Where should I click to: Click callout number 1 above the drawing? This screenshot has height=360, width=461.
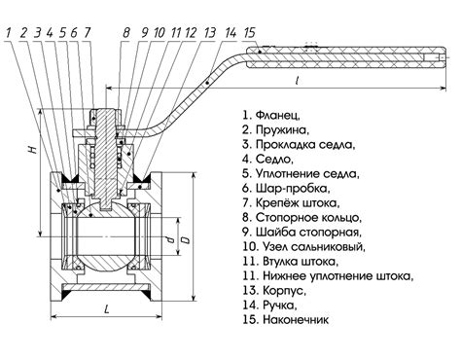(x=8, y=32)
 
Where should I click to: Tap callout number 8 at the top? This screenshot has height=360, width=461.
(x=126, y=32)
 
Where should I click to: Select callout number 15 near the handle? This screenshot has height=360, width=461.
(x=250, y=32)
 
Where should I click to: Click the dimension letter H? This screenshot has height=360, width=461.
(x=32, y=149)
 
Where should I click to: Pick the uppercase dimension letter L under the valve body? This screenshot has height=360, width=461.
(x=106, y=309)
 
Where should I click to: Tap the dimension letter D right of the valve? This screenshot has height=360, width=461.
(x=186, y=240)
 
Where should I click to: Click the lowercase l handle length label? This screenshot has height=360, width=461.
(x=297, y=80)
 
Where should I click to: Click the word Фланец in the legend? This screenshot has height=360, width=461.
(x=277, y=115)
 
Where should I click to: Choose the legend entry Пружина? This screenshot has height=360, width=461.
(x=282, y=129)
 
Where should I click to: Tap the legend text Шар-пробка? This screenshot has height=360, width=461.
(x=293, y=188)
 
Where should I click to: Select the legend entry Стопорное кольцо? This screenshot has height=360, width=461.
(x=308, y=217)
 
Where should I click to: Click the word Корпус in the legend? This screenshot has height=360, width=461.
(x=284, y=290)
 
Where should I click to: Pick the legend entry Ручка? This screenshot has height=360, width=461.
(x=279, y=305)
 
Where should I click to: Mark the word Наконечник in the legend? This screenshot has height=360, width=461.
(x=296, y=320)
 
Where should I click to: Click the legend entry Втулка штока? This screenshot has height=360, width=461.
(x=301, y=262)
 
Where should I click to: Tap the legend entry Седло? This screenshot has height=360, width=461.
(x=274, y=159)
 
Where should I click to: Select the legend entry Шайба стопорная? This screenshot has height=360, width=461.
(x=308, y=233)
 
